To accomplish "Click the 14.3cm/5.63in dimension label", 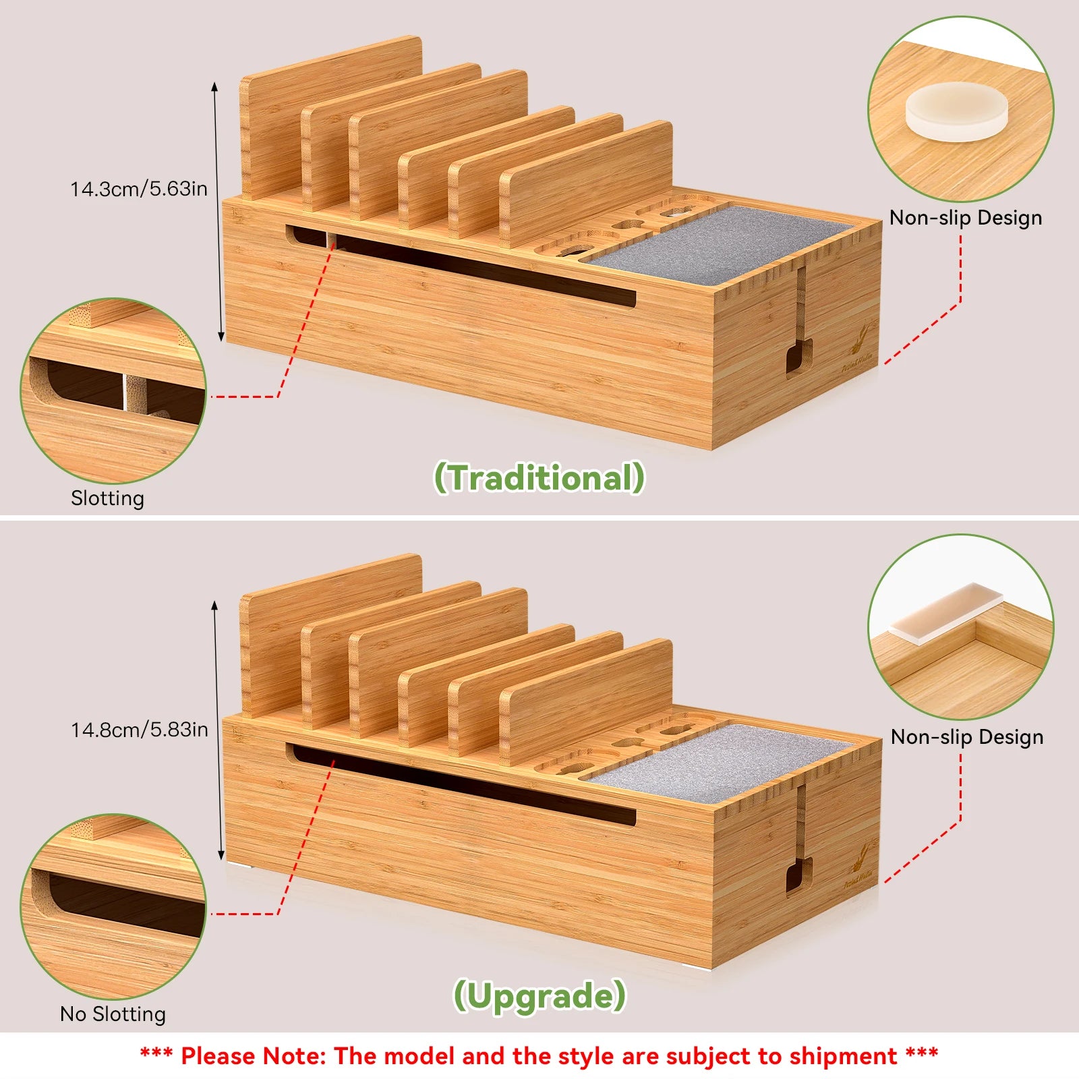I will point(139,189).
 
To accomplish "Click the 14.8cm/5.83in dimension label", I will point(140,730).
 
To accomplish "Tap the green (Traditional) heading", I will point(539,477).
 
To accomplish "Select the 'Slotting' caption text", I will point(108,498).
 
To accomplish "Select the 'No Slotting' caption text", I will point(113,1014).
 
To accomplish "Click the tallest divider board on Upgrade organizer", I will point(330,634).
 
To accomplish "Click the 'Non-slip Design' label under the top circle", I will point(966,218).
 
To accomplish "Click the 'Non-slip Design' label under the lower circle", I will point(966,737).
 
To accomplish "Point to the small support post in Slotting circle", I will point(134,392).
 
